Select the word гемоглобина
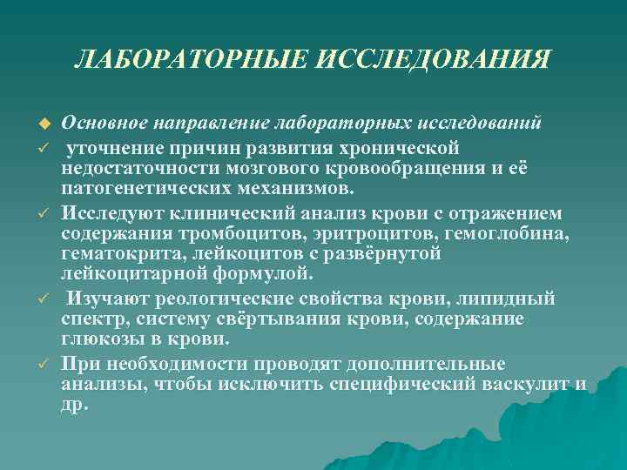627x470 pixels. tap(516, 232)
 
